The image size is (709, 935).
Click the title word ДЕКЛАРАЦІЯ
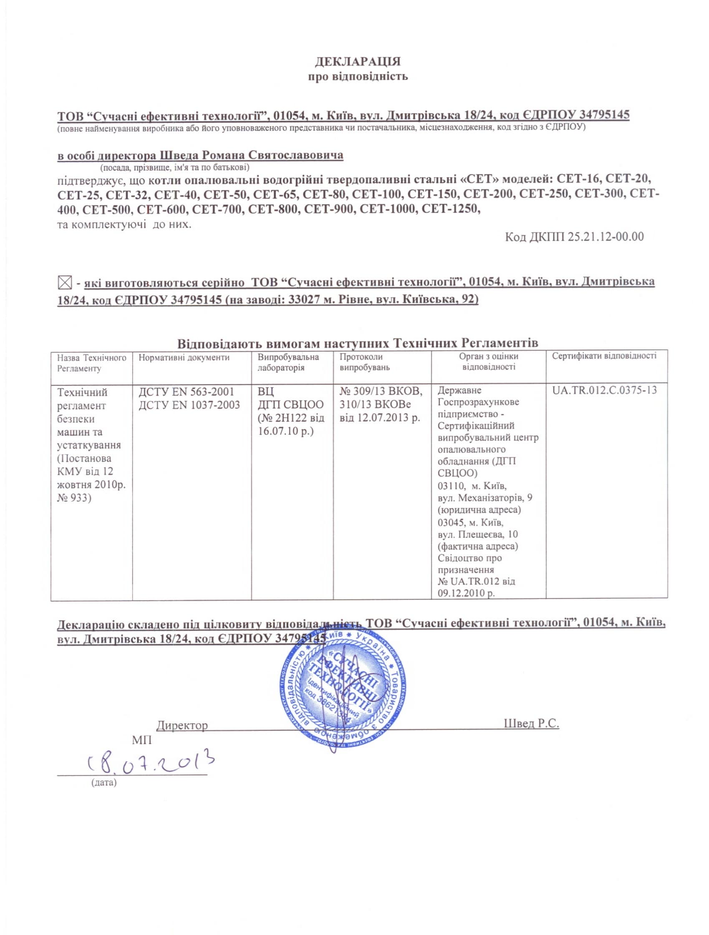[357, 62]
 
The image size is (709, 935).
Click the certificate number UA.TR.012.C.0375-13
[604, 390]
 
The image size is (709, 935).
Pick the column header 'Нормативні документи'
[184, 358]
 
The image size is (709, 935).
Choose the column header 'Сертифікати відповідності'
[604, 356]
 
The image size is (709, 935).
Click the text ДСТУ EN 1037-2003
[189, 405]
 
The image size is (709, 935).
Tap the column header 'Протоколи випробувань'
[365, 362]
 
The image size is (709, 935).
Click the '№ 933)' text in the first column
[74, 497]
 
